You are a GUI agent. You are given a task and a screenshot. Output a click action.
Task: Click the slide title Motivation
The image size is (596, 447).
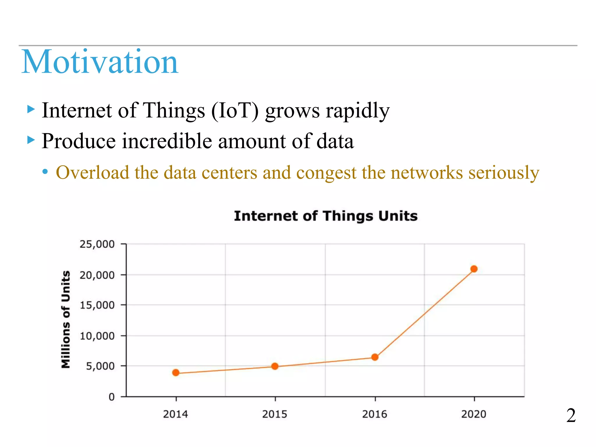(100, 62)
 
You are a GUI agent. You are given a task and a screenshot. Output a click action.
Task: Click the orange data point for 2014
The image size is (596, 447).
(176, 372)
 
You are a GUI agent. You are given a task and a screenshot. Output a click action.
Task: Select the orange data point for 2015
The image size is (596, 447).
(275, 366)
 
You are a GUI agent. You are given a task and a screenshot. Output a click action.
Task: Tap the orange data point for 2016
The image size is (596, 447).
(375, 357)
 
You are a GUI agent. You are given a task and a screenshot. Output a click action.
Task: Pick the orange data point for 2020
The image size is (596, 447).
(474, 269)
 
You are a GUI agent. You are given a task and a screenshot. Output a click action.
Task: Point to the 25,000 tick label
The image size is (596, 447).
(97, 244)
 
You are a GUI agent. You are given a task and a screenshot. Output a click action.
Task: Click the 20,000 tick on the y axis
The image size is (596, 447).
(97, 275)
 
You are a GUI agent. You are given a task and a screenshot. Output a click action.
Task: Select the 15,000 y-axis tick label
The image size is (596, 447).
(97, 305)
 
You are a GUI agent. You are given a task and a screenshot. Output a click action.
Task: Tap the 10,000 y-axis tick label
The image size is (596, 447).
(97, 336)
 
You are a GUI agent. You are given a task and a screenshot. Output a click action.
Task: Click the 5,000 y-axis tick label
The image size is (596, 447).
(100, 366)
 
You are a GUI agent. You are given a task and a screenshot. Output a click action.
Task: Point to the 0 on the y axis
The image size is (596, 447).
(111, 397)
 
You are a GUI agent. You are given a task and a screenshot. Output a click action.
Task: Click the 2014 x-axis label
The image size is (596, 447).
(175, 414)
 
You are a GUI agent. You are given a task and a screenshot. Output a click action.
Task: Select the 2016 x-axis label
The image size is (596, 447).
(375, 414)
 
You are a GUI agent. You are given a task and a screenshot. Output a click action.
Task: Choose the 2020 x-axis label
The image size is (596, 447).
(474, 414)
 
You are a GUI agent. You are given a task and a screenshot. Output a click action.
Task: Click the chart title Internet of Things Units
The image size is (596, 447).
(326, 216)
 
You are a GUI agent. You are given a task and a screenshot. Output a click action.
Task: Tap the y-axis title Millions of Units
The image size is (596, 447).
(66, 319)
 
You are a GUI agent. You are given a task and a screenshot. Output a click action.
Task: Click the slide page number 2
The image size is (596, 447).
(571, 415)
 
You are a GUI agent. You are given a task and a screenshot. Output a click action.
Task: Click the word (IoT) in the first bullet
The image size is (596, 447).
(235, 111)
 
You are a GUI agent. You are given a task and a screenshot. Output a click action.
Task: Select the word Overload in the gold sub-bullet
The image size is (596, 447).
(93, 172)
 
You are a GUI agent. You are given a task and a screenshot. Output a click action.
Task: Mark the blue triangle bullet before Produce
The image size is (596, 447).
(31, 140)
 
